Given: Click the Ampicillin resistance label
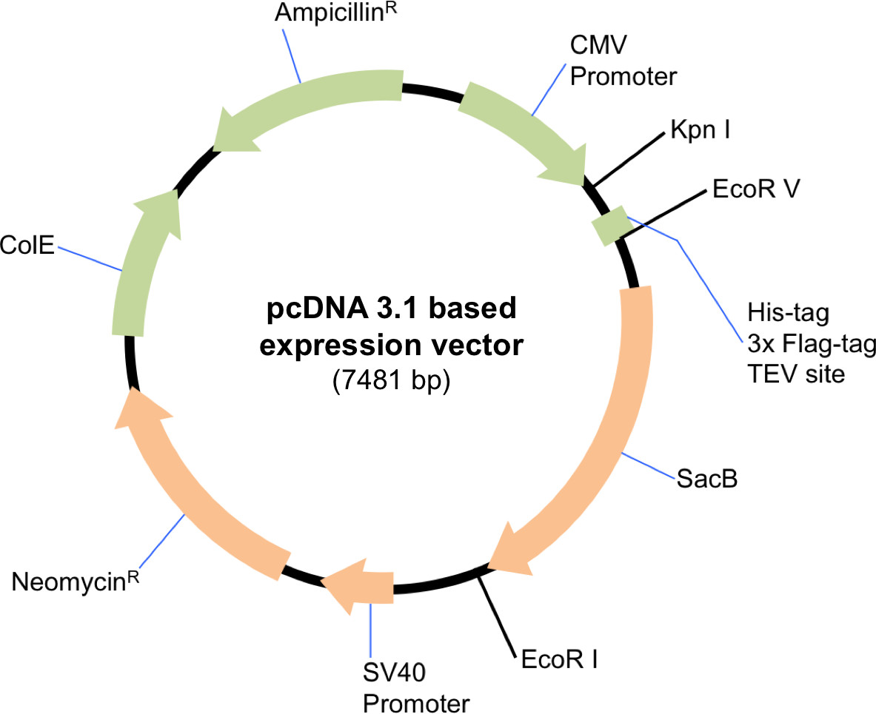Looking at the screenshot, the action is tap(335, 13).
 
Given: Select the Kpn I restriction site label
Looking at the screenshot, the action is tap(701, 129).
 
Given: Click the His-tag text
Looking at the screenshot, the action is tap(789, 313).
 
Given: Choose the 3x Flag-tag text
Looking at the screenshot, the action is tap(812, 344).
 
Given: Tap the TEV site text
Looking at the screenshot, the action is tap(796, 374).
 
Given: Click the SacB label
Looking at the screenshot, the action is tap(707, 479).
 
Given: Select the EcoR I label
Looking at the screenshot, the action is tap(559, 659).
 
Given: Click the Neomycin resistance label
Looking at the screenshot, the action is tap(76, 581).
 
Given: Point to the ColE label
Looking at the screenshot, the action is tap(27, 244).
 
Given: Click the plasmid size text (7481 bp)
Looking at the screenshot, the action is tap(391, 381).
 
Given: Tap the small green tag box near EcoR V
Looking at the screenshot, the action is tap(612, 226).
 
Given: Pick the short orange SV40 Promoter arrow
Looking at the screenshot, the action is tap(358, 587).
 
